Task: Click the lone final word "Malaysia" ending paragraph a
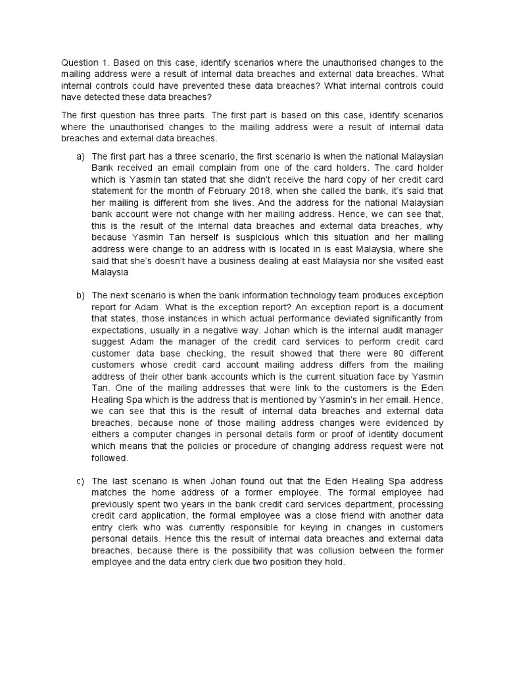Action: click(110, 273)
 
